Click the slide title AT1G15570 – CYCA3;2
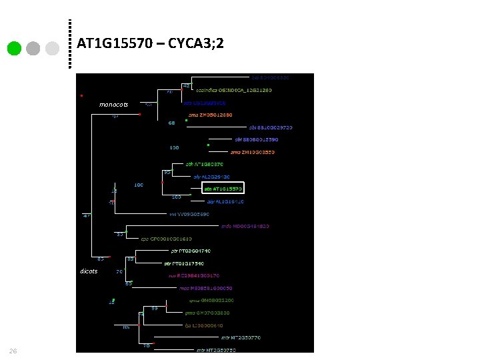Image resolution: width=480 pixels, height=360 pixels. coord(150,44)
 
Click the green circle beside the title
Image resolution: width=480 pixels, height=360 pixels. coord(14,49)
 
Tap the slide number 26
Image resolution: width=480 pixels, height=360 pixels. coord(13,351)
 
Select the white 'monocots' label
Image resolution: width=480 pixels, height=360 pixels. coord(113,105)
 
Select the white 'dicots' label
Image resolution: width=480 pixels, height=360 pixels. coord(89,271)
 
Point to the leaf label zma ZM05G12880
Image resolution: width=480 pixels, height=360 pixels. coord(211,115)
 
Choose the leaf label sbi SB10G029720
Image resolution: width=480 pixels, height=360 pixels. coord(271,127)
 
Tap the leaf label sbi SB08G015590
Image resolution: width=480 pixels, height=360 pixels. coord(257,139)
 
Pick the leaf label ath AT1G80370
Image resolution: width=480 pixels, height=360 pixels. coord(204,164)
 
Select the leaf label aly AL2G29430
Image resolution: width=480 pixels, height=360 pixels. coord(211,177)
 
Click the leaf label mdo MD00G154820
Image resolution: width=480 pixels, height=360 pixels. coord(245,226)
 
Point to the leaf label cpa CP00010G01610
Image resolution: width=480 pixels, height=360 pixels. coord(166,239)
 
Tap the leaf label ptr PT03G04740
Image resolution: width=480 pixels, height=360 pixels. coord(191,251)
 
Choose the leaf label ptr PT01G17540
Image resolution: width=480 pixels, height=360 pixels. coord(184,263)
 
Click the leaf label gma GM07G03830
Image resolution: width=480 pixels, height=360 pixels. coord(208,313)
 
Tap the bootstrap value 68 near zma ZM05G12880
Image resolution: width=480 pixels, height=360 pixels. coord(172,123)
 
